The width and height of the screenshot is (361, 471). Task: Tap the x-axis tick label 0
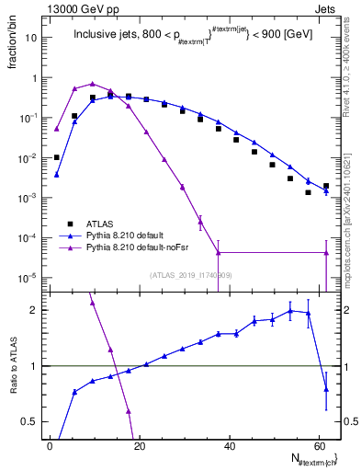[51, 443]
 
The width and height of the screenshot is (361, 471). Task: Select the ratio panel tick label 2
[38, 310]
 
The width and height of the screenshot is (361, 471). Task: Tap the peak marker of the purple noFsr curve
[92, 84]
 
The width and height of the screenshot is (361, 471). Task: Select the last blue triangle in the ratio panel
[326, 389]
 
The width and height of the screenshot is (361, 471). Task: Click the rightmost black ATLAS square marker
[326, 186]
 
